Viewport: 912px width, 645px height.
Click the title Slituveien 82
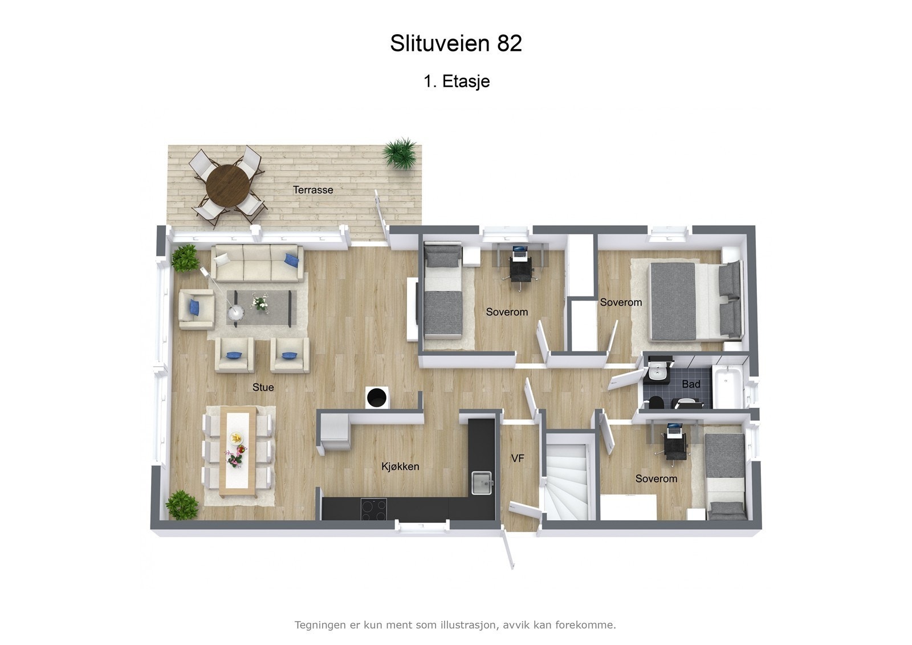coord(456,43)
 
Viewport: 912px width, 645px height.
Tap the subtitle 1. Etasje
coord(457,82)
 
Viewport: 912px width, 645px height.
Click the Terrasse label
coord(313,190)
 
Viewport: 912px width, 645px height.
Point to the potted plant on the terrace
coord(401,152)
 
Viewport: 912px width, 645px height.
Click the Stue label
coord(263,387)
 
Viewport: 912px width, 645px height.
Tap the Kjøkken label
coord(400,466)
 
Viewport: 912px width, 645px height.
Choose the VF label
coord(518,459)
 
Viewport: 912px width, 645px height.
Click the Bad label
coord(691,384)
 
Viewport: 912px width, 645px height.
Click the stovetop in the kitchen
coord(373,509)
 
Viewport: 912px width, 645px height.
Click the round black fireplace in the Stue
coord(376,397)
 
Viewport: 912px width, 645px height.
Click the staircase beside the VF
coord(568,476)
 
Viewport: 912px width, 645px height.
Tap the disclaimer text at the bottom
coord(455,625)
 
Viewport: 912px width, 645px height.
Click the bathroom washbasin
coord(658,372)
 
